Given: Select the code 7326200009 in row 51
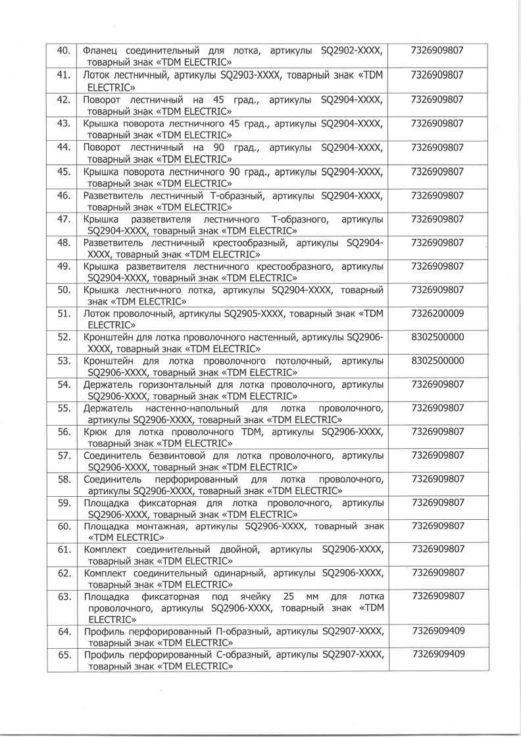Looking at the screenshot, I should point(436,313).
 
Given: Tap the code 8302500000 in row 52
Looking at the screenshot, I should point(436,336).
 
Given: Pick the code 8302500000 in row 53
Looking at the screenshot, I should point(436,360).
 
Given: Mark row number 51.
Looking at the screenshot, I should point(64,313).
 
